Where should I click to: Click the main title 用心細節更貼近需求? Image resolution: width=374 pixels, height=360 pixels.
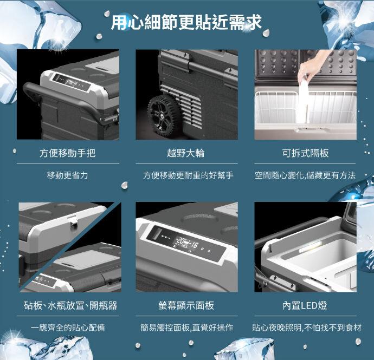(186, 22)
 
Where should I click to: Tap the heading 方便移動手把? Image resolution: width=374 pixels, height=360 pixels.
(68, 153)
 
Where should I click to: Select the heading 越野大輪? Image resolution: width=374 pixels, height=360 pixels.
(186, 153)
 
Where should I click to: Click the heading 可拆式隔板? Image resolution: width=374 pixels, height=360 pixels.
(305, 153)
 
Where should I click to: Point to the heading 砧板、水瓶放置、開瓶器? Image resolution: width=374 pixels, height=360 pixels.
(70, 305)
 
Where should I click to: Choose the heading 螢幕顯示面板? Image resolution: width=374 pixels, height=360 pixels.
(186, 305)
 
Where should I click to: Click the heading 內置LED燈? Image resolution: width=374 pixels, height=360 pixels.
(305, 305)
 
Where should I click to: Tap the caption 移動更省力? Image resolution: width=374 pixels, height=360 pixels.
(68, 175)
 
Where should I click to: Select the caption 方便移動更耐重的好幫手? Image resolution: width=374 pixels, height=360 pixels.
(188, 175)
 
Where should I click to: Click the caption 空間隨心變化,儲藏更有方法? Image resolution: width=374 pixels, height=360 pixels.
(305, 175)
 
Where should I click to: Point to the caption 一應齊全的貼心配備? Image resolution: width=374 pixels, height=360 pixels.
(68, 328)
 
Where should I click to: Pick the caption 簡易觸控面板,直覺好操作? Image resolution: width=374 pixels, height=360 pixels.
(187, 328)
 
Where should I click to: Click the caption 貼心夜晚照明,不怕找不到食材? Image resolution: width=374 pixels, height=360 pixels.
(307, 328)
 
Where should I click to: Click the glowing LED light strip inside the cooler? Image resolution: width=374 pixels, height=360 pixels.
(311, 247)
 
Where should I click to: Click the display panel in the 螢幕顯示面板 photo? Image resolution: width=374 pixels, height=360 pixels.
(186, 243)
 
